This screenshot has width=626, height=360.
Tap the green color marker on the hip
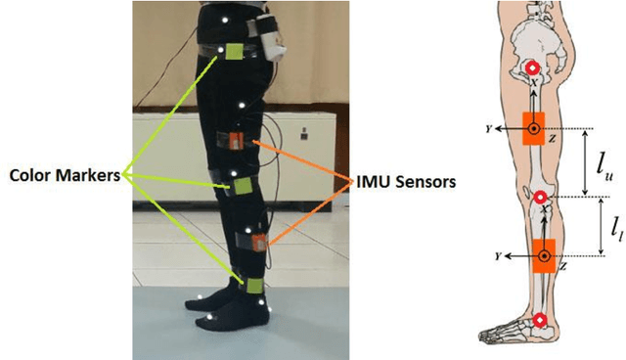[x=236, y=53]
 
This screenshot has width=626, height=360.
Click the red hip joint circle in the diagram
[x=532, y=68]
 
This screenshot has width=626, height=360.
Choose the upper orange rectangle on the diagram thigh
[x=534, y=128]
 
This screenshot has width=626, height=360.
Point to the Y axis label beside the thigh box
[x=485, y=127]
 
